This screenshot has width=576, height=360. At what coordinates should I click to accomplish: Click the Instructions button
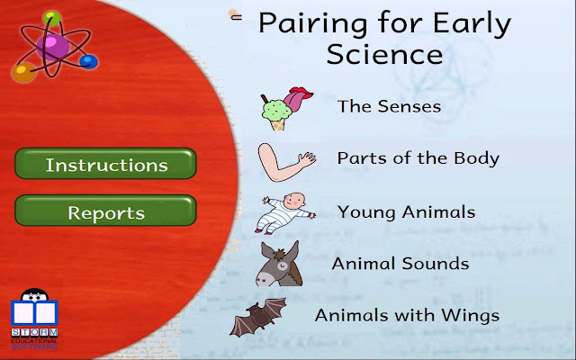[106, 165]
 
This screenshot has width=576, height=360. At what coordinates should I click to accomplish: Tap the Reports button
[106, 213]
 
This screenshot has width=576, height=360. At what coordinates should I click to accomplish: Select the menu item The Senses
[389, 106]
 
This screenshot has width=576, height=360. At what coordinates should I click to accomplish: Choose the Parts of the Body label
[418, 158]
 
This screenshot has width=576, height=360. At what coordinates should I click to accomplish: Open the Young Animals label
[406, 212]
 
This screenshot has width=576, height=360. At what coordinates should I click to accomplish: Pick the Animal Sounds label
[400, 264]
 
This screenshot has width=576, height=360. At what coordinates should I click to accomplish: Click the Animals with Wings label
[407, 316]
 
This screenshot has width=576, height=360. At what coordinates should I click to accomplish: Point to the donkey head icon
[280, 263]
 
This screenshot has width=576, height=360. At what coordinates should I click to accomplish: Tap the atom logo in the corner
[52, 45]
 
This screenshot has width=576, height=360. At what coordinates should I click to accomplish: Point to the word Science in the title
[384, 54]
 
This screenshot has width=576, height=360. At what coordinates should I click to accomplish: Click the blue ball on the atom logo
[88, 61]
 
